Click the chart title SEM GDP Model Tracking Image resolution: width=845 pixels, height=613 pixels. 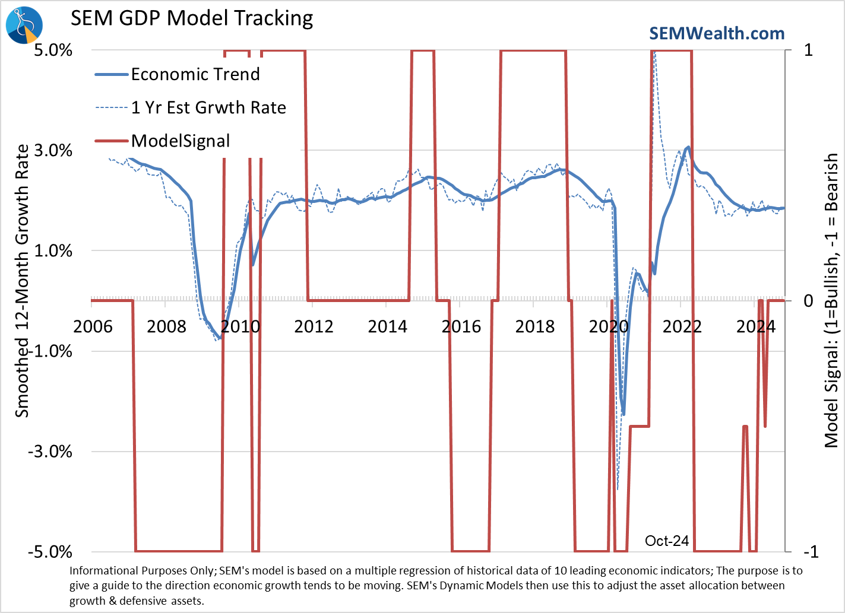(x=192, y=18)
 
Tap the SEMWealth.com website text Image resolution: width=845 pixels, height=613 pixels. (x=717, y=33)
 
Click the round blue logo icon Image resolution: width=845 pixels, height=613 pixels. (x=24, y=25)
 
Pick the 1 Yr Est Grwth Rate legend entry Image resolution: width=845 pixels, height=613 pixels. (x=208, y=107)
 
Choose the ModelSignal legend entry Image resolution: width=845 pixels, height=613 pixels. (x=180, y=141)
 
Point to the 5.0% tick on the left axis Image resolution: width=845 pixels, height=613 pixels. (x=53, y=50)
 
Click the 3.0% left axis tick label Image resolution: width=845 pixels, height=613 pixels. (x=53, y=150)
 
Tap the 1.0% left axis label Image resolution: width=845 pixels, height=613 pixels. (x=53, y=250)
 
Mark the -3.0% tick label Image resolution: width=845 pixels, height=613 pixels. (x=50, y=452)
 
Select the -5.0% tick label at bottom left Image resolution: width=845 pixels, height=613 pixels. (x=50, y=552)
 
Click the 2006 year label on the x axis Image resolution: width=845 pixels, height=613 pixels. (x=93, y=326)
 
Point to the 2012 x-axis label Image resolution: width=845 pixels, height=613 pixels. (x=314, y=326)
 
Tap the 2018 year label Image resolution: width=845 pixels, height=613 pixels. (x=534, y=326)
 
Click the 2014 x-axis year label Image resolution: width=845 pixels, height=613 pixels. (x=387, y=326)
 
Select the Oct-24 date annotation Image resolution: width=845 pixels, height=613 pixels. (x=667, y=541)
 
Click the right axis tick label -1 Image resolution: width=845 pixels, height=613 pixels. (x=811, y=552)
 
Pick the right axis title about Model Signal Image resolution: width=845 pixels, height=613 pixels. (x=831, y=300)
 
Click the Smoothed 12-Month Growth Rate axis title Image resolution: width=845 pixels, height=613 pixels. (x=22, y=280)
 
